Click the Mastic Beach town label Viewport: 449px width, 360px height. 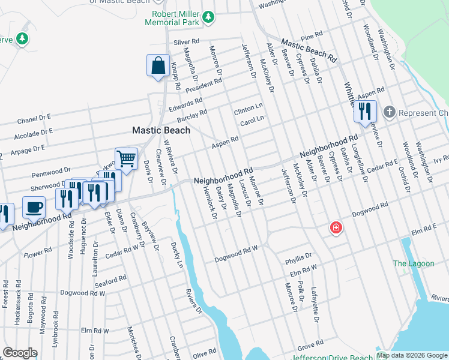161,130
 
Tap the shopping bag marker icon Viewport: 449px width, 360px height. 157,65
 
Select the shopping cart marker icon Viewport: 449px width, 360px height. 126,159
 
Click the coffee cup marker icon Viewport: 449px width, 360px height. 34,207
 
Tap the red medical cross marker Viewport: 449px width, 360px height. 336,228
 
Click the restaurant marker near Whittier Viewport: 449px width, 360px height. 364,111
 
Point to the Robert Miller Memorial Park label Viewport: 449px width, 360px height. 175,18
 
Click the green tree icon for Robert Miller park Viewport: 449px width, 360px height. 208,17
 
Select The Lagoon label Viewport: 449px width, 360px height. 409,263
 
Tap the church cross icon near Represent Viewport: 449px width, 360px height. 389,112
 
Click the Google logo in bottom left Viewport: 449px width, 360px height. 19,353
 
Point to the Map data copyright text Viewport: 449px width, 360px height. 412,355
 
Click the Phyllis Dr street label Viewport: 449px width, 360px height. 298,258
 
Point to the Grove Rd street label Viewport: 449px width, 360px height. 310,344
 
